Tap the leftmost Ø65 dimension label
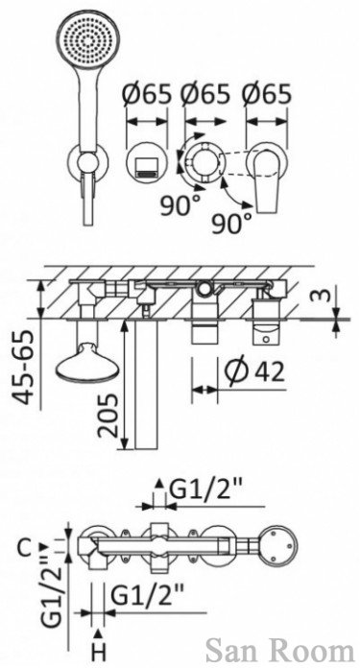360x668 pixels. [x=146, y=94]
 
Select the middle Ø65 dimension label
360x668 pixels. [x=205, y=94]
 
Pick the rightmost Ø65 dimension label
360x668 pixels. [x=267, y=94]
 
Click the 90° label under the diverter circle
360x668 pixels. [x=179, y=205]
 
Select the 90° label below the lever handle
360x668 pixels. [x=231, y=223]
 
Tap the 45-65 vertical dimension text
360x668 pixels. [x=23, y=368]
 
